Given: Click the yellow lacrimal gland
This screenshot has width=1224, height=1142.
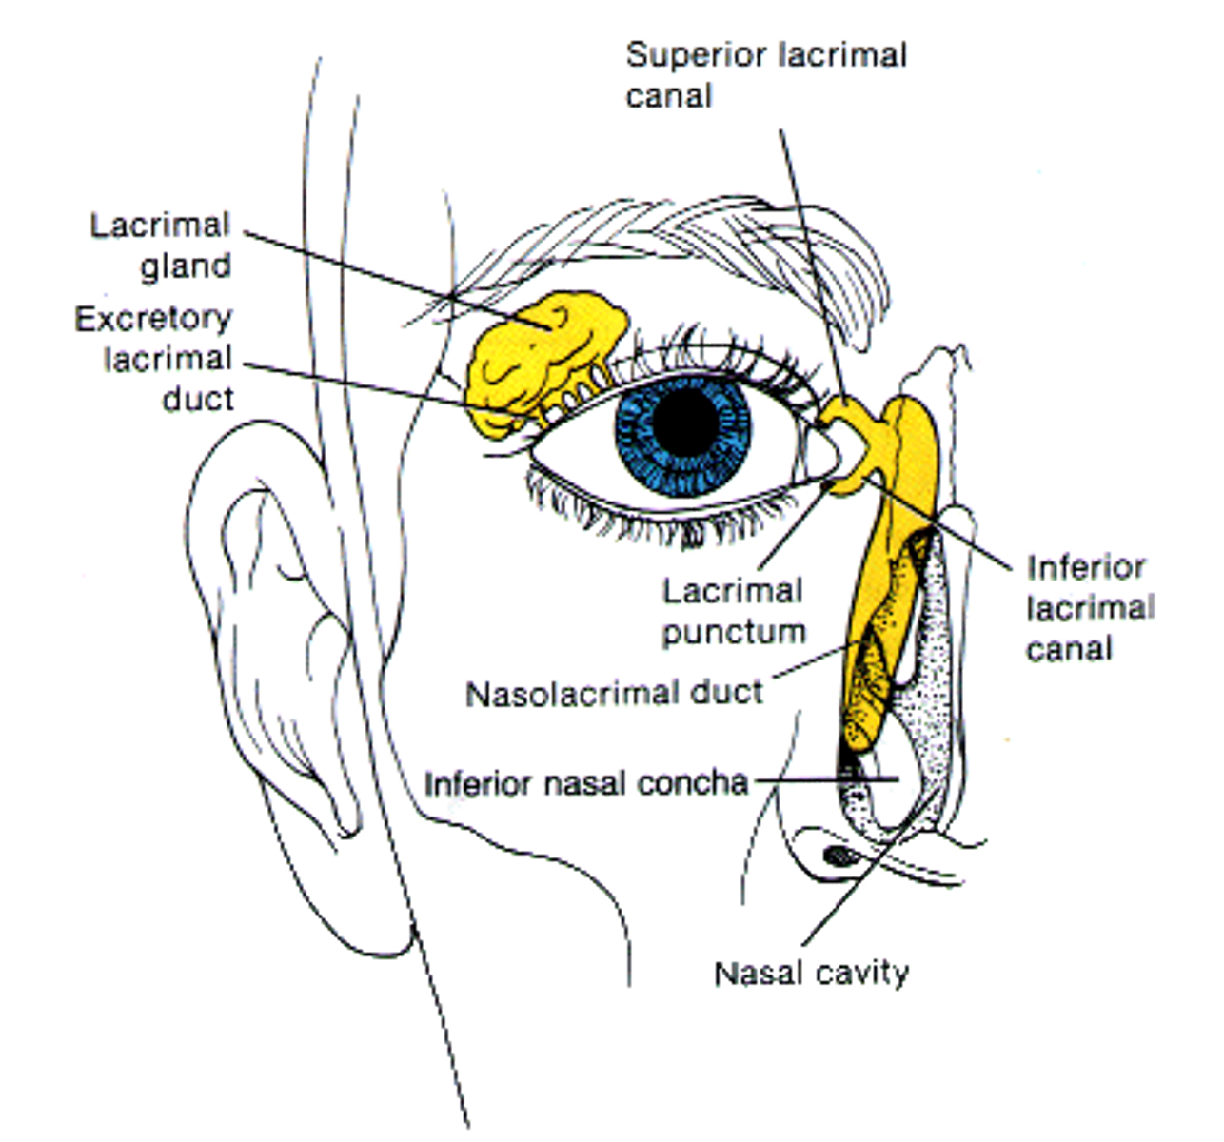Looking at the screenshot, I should click(x=538, y=357).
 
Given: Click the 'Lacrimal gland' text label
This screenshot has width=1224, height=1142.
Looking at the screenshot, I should click(x=162, y=243).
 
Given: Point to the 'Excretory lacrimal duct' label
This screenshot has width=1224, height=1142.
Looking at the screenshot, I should click(x=157, y=358).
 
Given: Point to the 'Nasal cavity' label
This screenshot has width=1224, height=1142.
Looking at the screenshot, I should click(x=814, y=973).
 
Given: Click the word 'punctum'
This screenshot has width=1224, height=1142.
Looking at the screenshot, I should click(x=733, y=632).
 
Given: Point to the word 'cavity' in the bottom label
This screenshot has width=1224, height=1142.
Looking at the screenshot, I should click(x=866, y=973).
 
